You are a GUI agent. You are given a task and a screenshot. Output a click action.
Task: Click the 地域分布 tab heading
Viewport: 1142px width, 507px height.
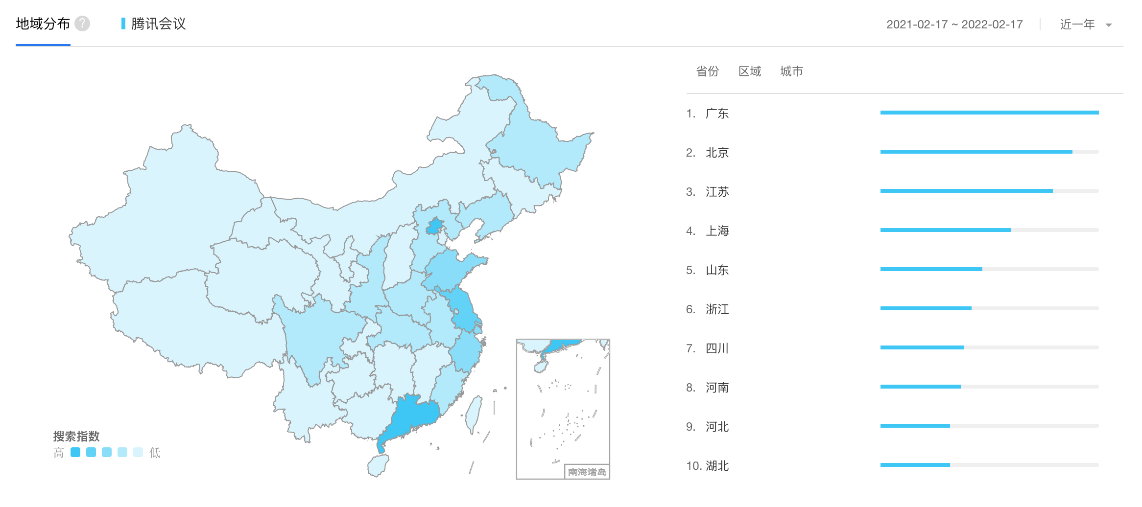point(43,23)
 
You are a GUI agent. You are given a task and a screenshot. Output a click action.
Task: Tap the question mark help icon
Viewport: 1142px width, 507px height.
point(82,23)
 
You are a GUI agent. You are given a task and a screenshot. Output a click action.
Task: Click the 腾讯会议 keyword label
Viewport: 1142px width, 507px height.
point(158,24)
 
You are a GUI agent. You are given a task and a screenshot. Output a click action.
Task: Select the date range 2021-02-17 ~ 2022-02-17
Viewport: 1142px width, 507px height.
point(954,24)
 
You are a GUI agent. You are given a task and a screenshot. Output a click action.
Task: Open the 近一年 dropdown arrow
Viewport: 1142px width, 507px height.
point(1109,25)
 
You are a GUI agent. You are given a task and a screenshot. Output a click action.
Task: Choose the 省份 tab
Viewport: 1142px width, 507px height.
point(707,71)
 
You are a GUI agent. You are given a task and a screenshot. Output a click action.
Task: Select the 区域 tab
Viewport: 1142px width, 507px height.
point(750,71)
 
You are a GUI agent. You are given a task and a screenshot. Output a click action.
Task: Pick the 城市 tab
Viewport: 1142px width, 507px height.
point(791,71)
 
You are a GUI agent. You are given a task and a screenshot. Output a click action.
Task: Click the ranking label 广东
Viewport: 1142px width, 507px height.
point(717,114)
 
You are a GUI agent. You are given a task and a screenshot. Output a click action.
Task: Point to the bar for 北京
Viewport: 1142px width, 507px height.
point(975,152)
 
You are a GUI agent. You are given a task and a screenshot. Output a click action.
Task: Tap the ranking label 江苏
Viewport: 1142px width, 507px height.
point(717,192)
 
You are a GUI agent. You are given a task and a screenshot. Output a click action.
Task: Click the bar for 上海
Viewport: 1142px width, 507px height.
point(945,230)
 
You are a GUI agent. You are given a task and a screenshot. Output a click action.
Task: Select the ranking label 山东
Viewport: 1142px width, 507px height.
point(717,270)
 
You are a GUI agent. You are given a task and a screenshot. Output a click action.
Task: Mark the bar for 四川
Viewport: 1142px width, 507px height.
point(922,347)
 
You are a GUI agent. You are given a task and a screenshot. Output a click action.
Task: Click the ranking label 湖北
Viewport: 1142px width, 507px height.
point(717,466)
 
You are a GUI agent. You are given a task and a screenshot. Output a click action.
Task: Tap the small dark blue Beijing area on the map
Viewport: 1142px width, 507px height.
point(434,227)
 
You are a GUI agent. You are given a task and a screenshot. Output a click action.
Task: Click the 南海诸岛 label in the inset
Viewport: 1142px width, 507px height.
point(587,472)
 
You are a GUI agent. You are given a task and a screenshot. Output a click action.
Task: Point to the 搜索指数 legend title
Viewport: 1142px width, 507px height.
point(76,436)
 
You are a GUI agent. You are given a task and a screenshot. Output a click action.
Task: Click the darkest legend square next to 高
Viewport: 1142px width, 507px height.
point(75,452)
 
